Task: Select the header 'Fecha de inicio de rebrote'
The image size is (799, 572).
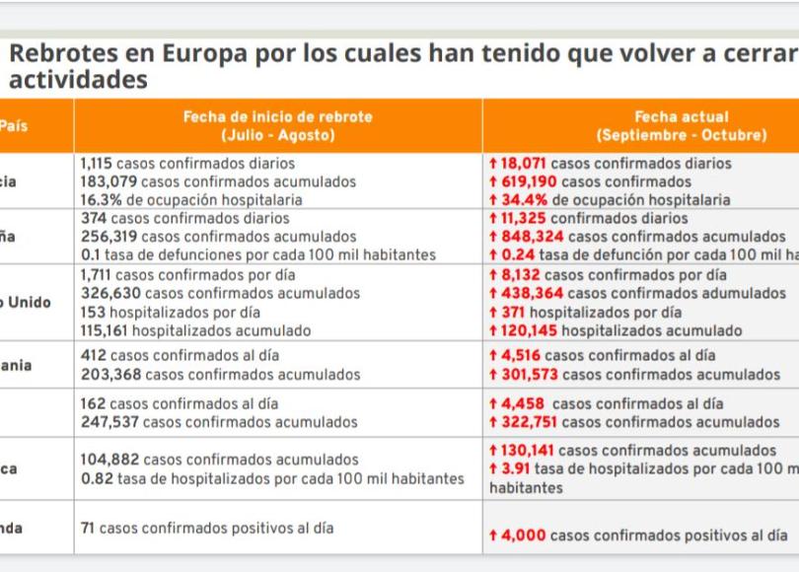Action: pos(277,116)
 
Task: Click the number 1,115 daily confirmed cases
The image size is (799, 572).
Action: pos(98,164)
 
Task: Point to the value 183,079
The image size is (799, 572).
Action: pos(109,181)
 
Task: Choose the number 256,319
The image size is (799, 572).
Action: pos(109,237)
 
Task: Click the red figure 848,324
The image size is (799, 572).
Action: pos(532,237)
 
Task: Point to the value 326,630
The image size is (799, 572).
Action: pos(109,294)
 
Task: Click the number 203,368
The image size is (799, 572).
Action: pos(109,375)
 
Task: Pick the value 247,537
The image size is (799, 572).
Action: pos(109,422)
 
